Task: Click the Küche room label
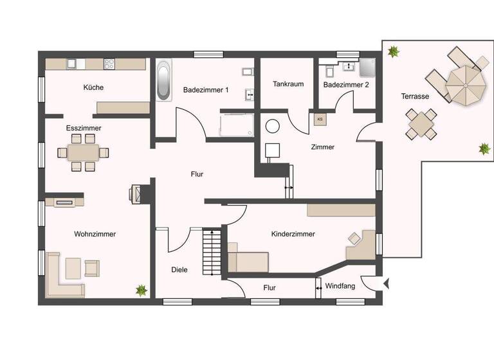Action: [x=93, y=87]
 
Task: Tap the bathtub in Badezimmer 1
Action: [x=164, y=80]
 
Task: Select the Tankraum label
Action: [x=288, y=84]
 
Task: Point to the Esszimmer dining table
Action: [x=84, y=152]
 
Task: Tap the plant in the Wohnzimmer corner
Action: [x=141, y=290]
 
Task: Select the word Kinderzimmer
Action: [x=293, y=234]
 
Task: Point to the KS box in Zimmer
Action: [x=320, y=119]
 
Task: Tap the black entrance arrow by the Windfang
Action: [x=386, y=282]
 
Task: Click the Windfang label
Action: [x=340, y=286]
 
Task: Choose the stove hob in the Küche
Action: [x=109, y=64]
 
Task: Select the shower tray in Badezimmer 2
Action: [x=367, y=67]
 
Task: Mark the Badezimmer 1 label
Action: [x=206, y=90]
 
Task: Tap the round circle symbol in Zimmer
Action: [x=273, y=126]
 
